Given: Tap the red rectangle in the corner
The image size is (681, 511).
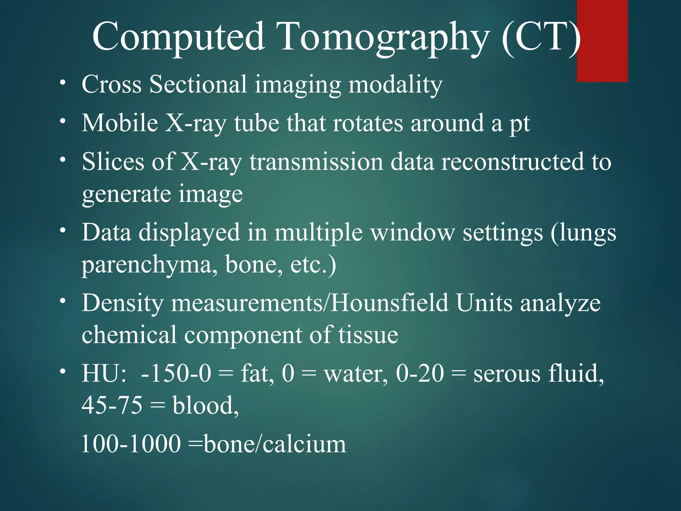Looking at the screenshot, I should (602, 41).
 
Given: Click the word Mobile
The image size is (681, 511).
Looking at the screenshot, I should (120, 123).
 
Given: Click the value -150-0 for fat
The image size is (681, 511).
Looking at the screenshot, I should (176, 374).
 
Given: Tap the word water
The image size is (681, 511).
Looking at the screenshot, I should (356, 374).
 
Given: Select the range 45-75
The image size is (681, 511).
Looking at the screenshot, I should (112, 406).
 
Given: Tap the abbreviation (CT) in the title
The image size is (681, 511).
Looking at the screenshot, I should (541, 37).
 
